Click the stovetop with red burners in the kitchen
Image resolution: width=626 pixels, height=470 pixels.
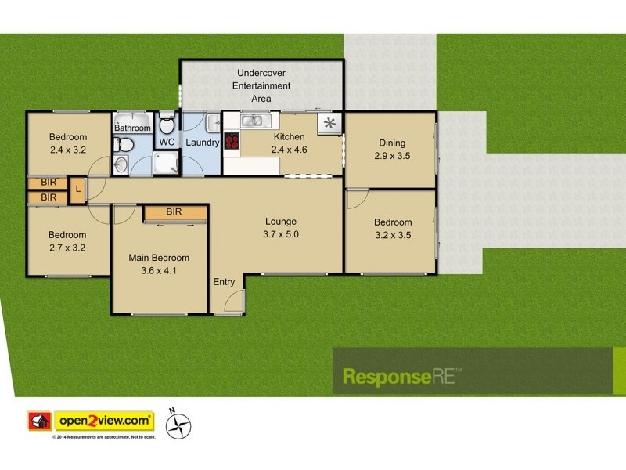pyautogui.click(x=232, y=142)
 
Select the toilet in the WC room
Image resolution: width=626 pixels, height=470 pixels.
pyautogui.click(x=166, y=125)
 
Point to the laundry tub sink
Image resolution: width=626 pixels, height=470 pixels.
pyautogui.click(x=213, y=122)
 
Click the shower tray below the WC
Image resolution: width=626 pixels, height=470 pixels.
pyautogui.click(x=165, y=162)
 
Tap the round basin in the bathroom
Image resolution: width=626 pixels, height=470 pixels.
pyautogui.click(x=120, y=164)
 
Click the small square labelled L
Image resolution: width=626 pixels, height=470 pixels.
pyautogui.click(x=78, y=190)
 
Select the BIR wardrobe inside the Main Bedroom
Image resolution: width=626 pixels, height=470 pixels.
pyautogui.click(x=174, y=212)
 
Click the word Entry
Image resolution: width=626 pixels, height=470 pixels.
pyautogui.click(x=224, y=282)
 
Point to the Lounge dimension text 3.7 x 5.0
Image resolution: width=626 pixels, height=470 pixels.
pyautogui.click(x=281, y=233)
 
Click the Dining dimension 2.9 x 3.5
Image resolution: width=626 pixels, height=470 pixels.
pyautogui.click(x=392, y=155)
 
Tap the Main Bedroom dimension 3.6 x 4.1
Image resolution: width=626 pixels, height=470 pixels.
pyautogui.click(x=160, y=270)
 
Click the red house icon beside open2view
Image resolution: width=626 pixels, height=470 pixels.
pyautogui.click(x=38, y=421)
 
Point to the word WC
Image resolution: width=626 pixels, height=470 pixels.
pyautogui.click(x=167, y=142)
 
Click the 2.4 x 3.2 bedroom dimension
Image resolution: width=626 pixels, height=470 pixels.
pyautogui.click(x=67, y=150)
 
